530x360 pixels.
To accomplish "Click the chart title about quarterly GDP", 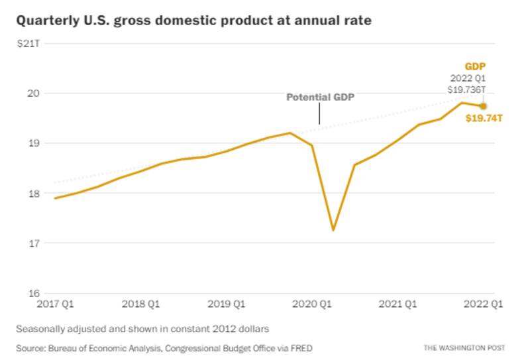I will coord(193,21).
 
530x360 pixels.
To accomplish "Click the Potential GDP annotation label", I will coord(320,97).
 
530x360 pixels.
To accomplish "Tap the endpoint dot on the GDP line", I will coord(484,106).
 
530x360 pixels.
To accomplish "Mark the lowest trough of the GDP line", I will coord(333,230).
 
